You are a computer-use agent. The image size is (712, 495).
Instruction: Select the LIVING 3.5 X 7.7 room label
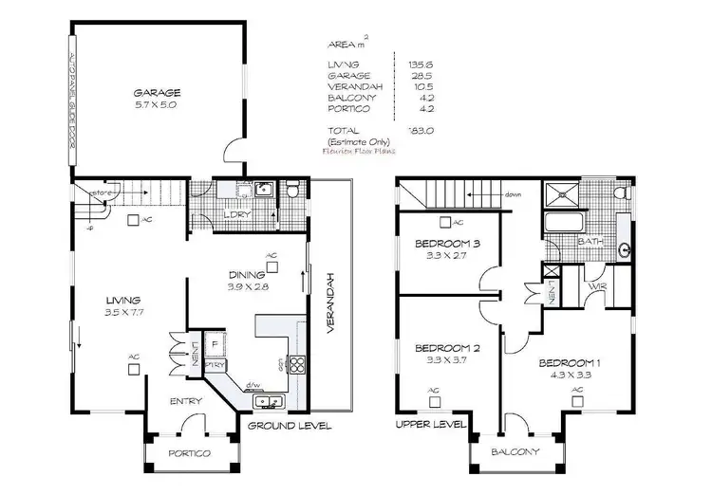123,304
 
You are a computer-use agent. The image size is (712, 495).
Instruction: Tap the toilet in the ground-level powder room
294,193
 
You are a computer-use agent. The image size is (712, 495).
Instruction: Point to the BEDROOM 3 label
448,244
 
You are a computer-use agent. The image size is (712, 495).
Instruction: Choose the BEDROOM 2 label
448,348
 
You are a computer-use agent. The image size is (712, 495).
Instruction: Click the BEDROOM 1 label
571,363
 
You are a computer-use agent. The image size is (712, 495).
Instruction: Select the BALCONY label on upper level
516,451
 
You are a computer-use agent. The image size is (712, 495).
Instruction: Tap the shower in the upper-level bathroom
560,194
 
